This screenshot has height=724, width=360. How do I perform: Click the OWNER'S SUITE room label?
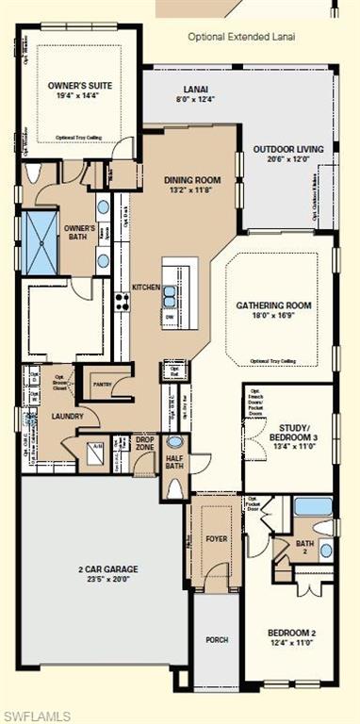(80, 86)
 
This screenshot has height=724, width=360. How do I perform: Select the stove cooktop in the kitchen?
(122, 302)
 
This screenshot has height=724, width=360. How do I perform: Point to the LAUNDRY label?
(68, 416)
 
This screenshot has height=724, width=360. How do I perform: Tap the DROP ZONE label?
(144, 443)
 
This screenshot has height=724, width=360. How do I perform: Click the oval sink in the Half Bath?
(175, 442)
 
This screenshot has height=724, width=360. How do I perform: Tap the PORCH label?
(217, 639)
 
